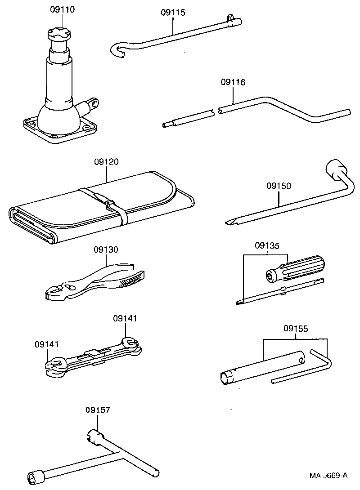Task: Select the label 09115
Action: click(173, 13)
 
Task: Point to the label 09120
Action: click(106, 162)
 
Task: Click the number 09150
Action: click(279, 186)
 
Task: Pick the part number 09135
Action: click(267, 245)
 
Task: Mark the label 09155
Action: click(296, 329)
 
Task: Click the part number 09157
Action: click(97, 410)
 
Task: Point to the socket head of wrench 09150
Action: click(335, 169)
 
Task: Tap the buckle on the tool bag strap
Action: click(111, 205)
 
